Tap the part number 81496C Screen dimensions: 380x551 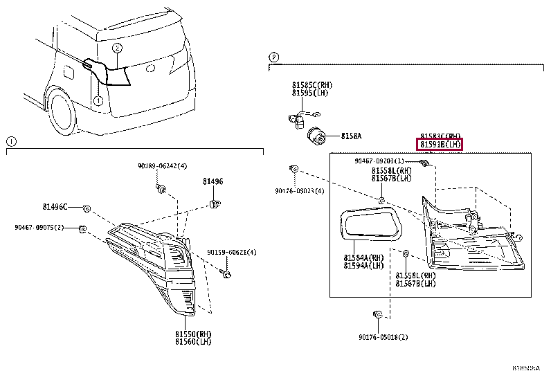click(55, 207)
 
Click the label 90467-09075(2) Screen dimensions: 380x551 click(39, 227)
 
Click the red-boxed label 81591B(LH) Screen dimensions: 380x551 click(439, 145)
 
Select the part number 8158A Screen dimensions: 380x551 click(350, 136)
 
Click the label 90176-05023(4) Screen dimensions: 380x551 click(300, 191)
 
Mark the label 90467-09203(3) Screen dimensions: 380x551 click(379, 161)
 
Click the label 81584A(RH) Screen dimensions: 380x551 click(363, 257)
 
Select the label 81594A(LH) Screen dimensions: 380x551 click(363, 265)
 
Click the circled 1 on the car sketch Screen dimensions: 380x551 click(98, 100)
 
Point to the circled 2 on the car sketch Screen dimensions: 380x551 click(118, 48)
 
